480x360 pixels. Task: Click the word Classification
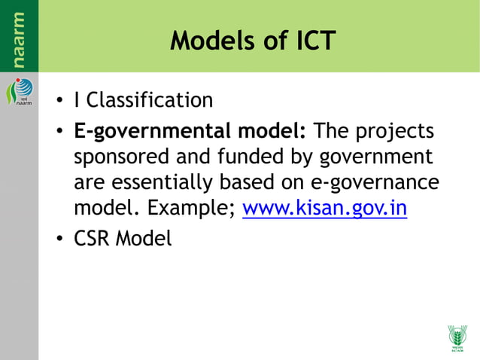coord(150,100)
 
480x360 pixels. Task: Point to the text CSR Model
coord(123,239)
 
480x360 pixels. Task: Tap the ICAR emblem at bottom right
coord(457,338)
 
